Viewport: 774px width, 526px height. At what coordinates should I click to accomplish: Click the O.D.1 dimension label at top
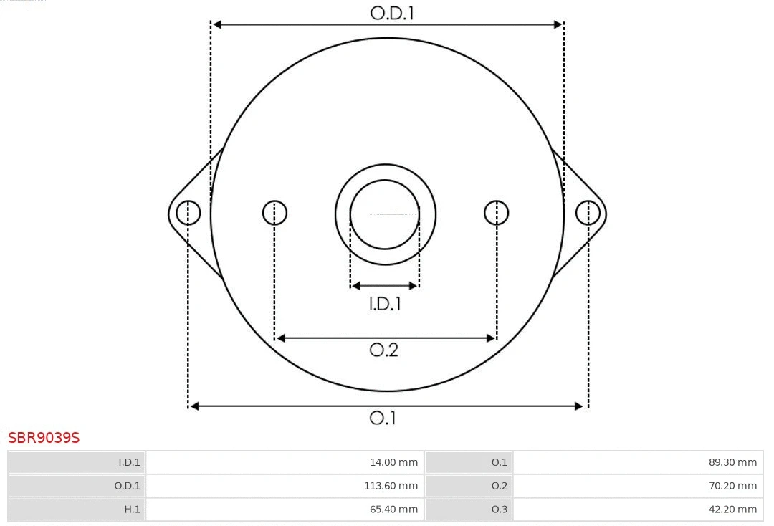coord(392,12)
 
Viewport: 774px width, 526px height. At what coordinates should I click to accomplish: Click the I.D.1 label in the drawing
coord(385,304)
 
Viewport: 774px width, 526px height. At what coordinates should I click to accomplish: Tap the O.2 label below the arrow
coord(383,350)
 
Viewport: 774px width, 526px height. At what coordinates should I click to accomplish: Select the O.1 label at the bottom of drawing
coord(383,418)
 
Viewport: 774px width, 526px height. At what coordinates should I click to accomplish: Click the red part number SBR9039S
coord(44,437)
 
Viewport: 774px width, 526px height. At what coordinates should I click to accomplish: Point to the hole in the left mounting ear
coord(188,213)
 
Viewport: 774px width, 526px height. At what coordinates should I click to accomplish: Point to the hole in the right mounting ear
coord(588,213)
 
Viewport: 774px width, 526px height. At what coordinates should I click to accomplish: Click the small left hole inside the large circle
coord(274,213)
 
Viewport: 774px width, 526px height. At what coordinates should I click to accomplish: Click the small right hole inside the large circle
coord(497,213)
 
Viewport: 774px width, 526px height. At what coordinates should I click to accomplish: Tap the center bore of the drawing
coord(385,214)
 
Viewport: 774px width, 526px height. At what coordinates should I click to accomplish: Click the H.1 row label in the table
coord(132,510)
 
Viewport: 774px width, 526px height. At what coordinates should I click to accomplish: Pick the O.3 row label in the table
coord(499,510)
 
